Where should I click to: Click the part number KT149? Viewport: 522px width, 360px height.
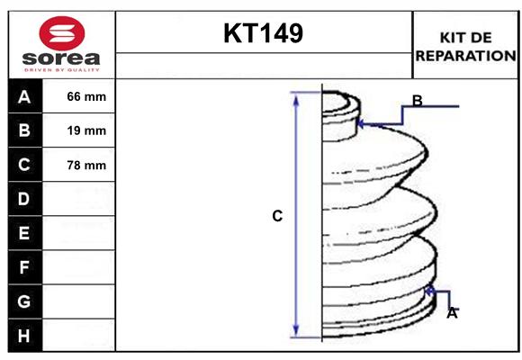[x=263, y=33]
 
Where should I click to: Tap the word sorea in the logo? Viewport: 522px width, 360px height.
[x=60, y=57]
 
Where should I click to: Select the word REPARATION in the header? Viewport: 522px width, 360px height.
[x=465, y=56]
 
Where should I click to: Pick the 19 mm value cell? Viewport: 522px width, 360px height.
[x=86, y=131]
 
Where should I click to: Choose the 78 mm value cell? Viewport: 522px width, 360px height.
[x=86, y=166]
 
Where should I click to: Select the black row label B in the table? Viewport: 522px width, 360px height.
[x=24, y=131]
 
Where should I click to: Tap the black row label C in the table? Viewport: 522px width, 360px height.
[x=24, y=166]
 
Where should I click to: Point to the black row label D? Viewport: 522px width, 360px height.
[x=24, y=199]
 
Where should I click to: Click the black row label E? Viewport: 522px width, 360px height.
[x=24, y=233]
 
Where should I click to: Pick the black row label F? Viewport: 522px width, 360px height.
[x=24, y=267]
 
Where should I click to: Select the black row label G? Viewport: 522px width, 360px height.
[x=24, y=301]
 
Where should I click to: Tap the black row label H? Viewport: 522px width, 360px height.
[x=24, y=336]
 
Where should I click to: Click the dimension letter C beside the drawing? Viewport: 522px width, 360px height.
[x=277, y=216]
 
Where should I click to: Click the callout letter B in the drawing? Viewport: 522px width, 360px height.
[x=417, y=100]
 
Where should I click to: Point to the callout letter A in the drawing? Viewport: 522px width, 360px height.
[x=452, y=313]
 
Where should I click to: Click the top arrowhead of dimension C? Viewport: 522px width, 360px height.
[x=296, y=96]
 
